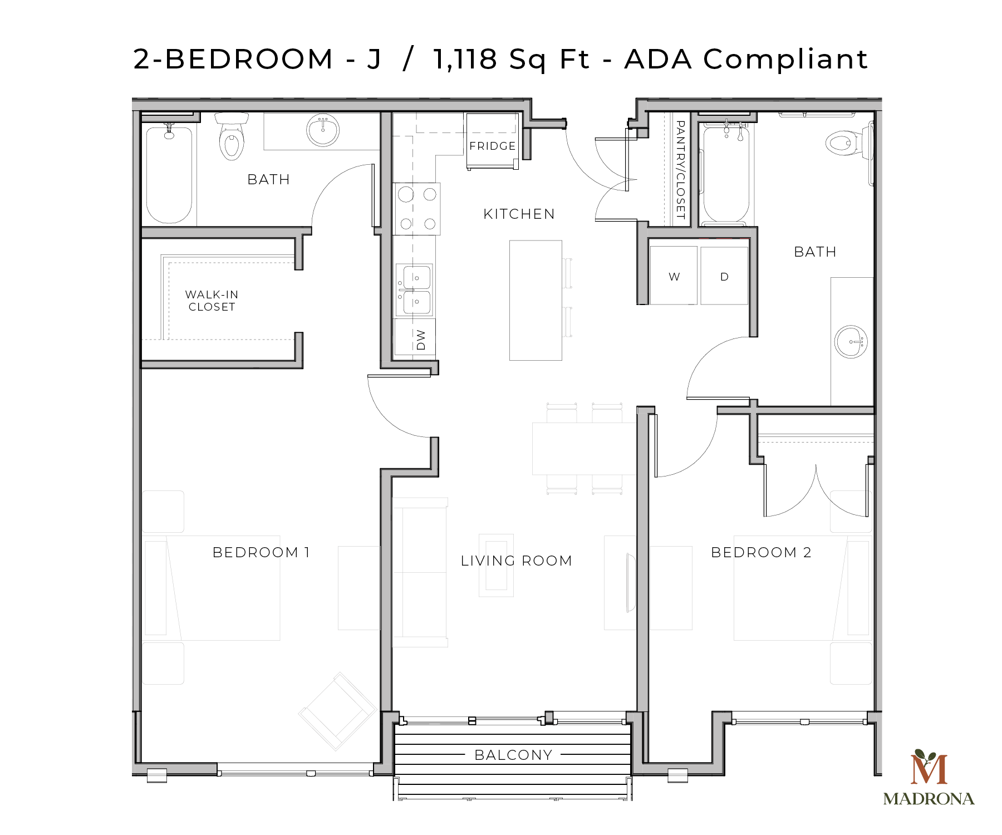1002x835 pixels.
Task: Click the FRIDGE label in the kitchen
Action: (x=492, y=146)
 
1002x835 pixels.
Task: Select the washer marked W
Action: (x=674, y=276)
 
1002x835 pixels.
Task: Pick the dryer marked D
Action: (x=724, y=276)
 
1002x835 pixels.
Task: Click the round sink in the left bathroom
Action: (x=323, y=130)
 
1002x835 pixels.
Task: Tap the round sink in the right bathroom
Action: (x=851, y=341)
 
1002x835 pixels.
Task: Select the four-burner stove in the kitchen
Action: (x=417, y=209)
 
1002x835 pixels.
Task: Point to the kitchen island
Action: (x=536, y=300)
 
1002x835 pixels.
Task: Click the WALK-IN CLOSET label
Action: (x=212, y=301)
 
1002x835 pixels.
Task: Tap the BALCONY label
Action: (x=513, y=755)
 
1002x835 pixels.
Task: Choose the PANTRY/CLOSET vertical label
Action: (x=680, y=170)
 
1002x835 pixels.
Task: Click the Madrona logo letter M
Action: (x=929, y=769)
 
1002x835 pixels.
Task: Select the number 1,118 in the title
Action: (x=465, y=59)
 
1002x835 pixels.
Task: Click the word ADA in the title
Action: (x=658, y=59)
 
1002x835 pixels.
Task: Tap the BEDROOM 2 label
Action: (x=761, y=552)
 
